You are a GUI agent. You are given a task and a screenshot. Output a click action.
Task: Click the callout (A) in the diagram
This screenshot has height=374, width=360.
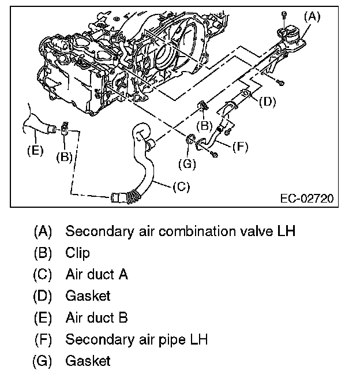312,17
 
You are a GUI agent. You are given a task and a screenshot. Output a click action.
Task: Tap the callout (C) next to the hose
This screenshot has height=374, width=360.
181,186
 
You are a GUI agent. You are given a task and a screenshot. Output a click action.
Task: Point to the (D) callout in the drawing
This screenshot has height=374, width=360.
267,102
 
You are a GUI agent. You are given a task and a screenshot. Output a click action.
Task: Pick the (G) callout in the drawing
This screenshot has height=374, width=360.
187,164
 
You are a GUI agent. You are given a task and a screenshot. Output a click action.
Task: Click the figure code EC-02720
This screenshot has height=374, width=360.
306,199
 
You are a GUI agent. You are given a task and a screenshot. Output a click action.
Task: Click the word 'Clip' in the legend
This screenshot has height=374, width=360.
78,253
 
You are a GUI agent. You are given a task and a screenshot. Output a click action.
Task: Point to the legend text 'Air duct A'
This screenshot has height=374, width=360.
96,274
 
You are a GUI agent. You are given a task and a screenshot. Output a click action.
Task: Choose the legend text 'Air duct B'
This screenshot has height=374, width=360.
96,317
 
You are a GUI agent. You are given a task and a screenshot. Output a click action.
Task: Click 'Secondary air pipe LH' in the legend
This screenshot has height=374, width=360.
136,339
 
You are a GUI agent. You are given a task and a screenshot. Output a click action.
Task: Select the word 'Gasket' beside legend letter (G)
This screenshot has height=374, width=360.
88,361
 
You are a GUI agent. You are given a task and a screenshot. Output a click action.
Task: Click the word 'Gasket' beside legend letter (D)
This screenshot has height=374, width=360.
88,296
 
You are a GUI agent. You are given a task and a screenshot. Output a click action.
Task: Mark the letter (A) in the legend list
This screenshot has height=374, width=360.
43,231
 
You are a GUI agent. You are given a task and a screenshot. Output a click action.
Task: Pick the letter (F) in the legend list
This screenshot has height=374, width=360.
43,339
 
